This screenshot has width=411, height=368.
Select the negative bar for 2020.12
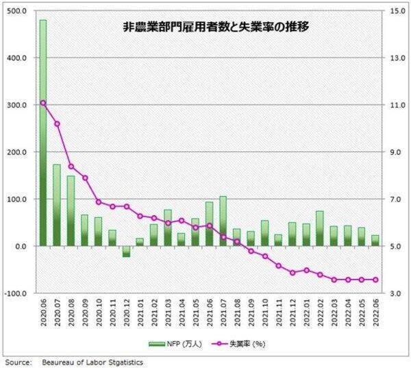pos(127,252)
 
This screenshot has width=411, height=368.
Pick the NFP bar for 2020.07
pos(57,204)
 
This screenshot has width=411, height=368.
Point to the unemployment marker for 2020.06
pos(43,103)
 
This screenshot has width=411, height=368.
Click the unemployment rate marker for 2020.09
pos(85,178)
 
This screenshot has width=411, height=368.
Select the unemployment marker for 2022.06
pos(375,280)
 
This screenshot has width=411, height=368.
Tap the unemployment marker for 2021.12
pos(292,273)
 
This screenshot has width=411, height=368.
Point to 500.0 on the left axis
pos(16,11)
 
